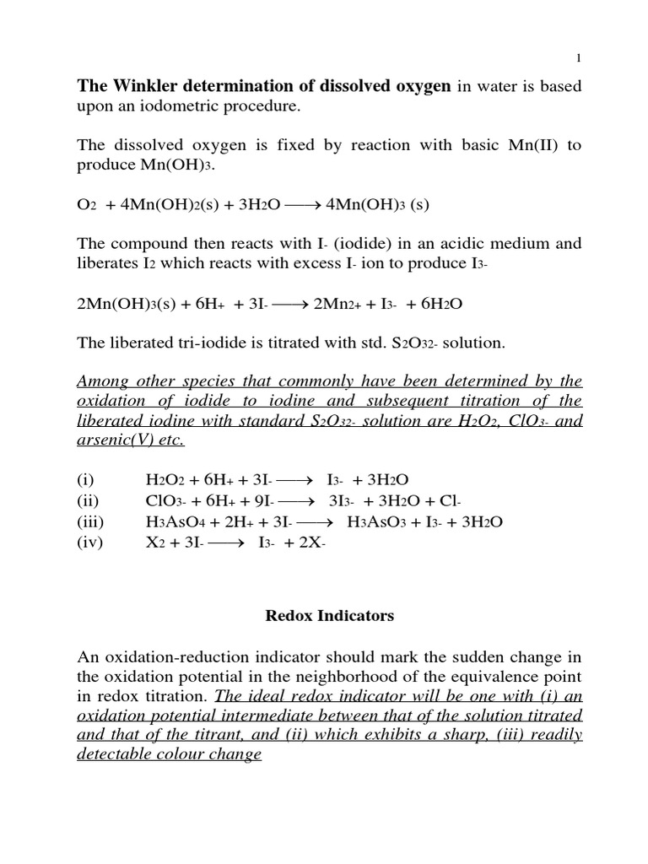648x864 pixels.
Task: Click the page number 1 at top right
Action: coord(578,57)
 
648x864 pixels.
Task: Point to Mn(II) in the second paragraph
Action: coord(530,145)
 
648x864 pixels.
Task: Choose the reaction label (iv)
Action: coord(89,542)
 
